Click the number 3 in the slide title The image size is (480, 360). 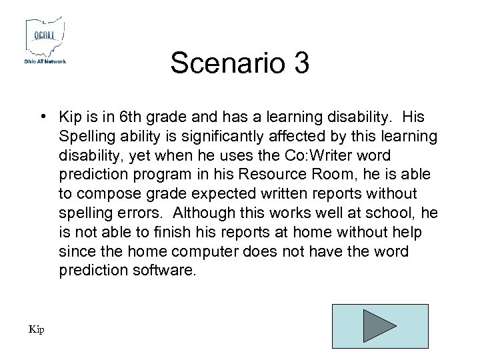tap(300, 63)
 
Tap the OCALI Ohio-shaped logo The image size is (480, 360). tap(45, 37)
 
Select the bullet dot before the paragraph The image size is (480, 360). tap(42, 117)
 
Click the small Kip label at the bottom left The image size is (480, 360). tap(36, 329)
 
